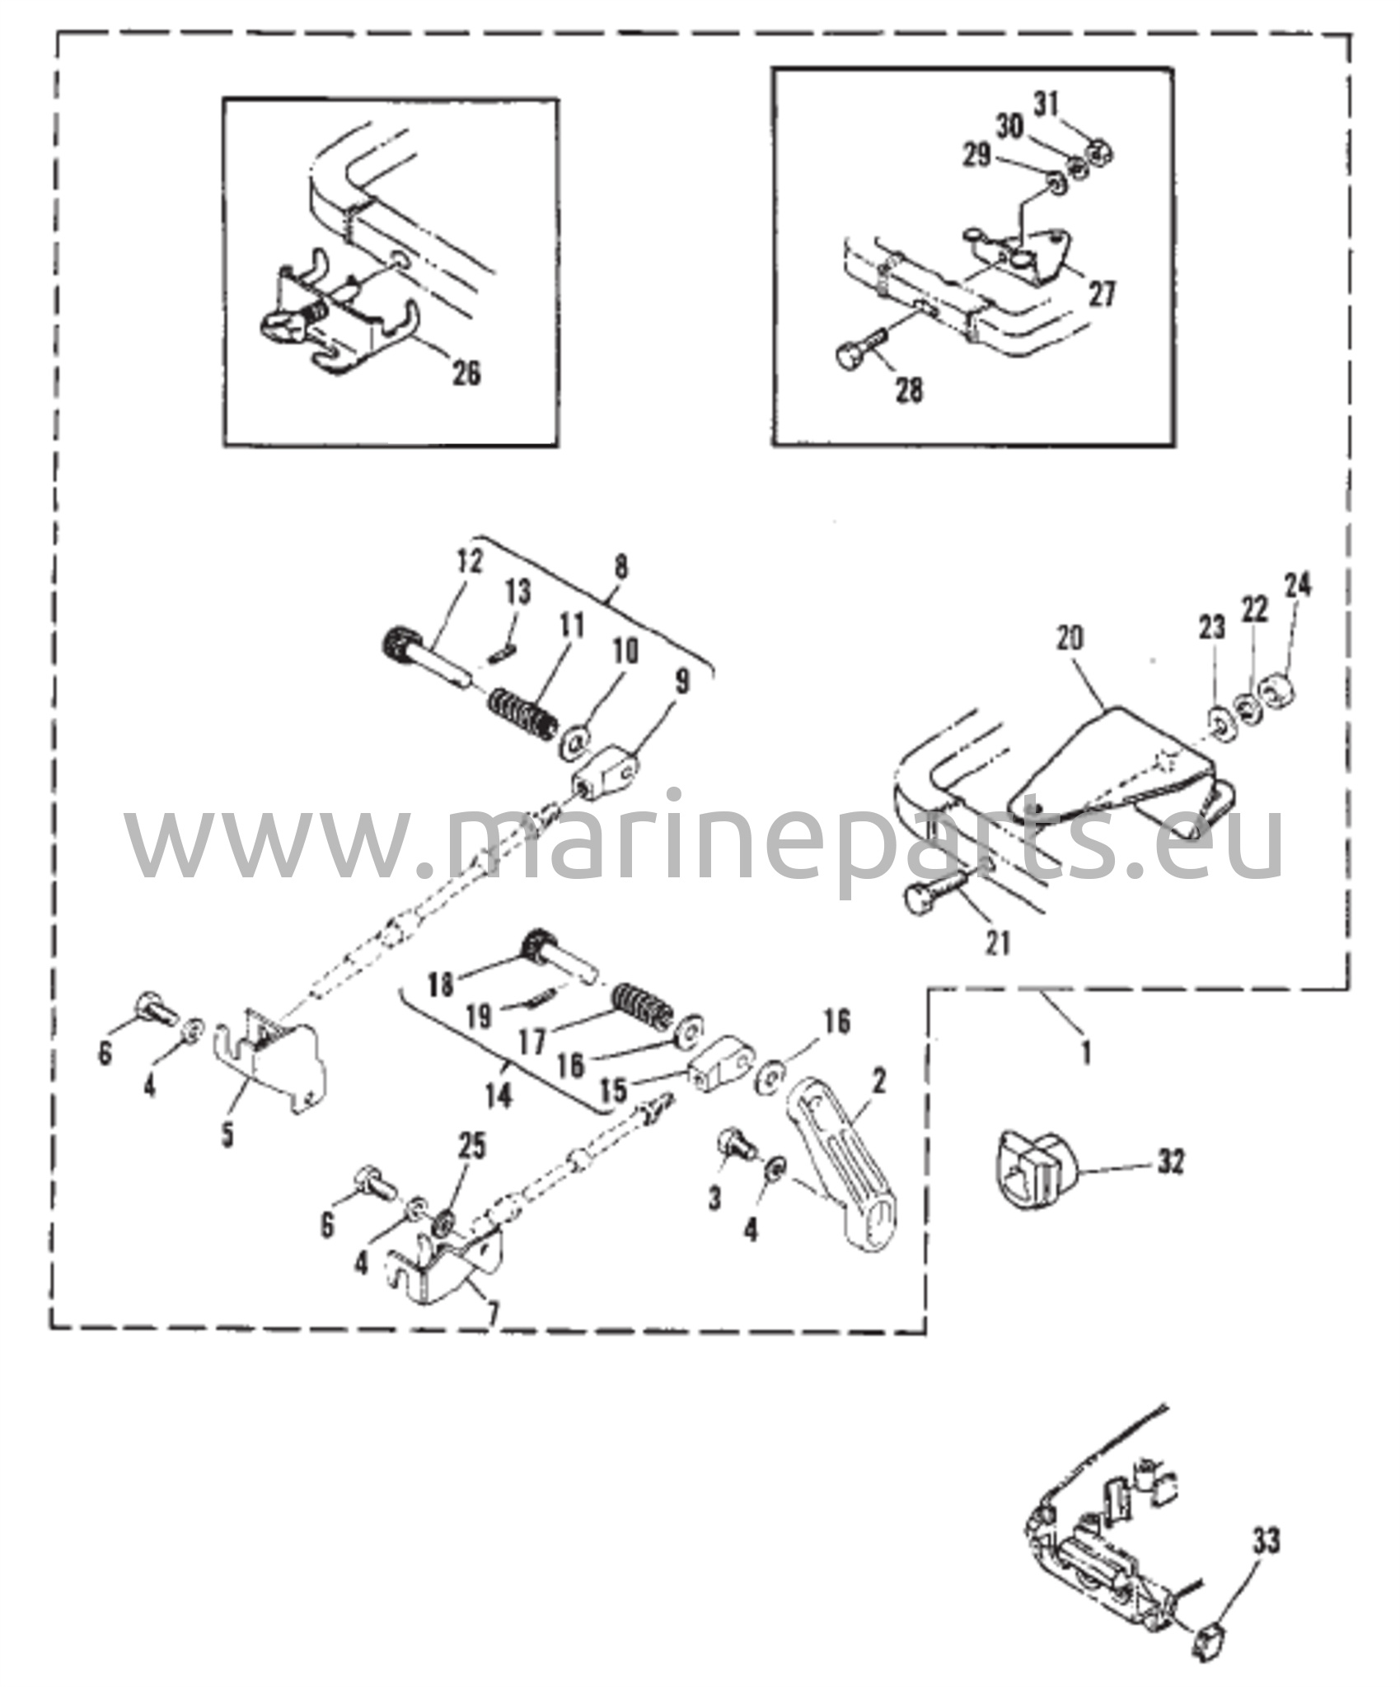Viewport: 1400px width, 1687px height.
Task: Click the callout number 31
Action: click(x=1046, y=105)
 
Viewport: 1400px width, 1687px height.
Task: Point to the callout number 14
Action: click(x=499, y=1096)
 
